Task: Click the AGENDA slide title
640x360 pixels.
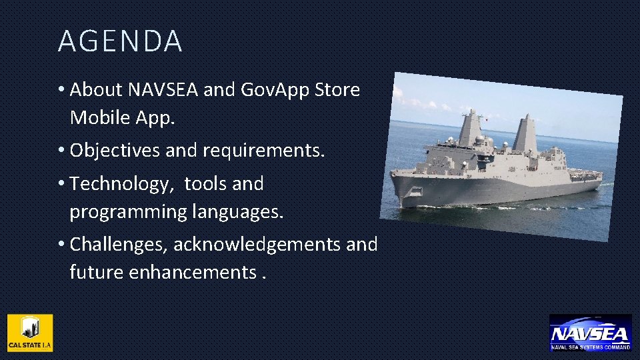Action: tap(120, 41)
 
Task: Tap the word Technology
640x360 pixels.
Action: tap(123, 183)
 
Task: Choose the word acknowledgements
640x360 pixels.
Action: tap(257, 245)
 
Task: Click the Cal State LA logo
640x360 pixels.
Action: tap(30, 333)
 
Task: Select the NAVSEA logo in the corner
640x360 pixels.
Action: tap(590, 333)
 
